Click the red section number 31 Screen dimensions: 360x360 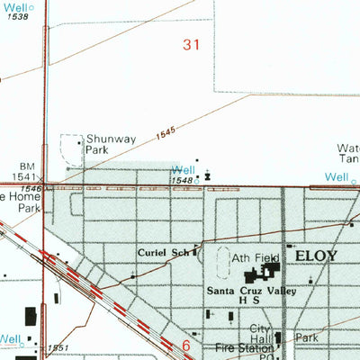coord(191,45)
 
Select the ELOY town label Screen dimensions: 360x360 coord(313,256)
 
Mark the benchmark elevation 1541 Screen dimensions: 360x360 coord(24,177)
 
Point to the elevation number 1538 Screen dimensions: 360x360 coord(16,17)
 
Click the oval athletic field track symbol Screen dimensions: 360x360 coord(224,263)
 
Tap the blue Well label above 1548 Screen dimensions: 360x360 coord(183,169)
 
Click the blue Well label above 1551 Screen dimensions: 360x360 coord(11,339)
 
